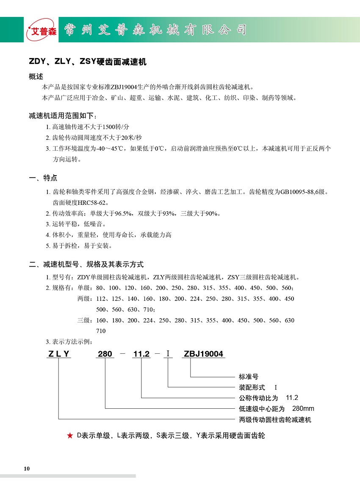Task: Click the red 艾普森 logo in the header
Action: pos(41,30)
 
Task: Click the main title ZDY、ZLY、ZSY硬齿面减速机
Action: pos(87,62)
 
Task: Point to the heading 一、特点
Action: pos(43,178)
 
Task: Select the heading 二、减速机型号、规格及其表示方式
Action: pos(86,264)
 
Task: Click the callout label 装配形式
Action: pos(252,387)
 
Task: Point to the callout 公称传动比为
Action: pos(258,398)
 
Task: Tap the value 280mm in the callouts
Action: pos(303,409)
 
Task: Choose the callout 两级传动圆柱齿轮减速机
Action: pos(275,420)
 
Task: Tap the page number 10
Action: pos(27,468)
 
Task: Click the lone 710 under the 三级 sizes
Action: pos(101,331)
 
